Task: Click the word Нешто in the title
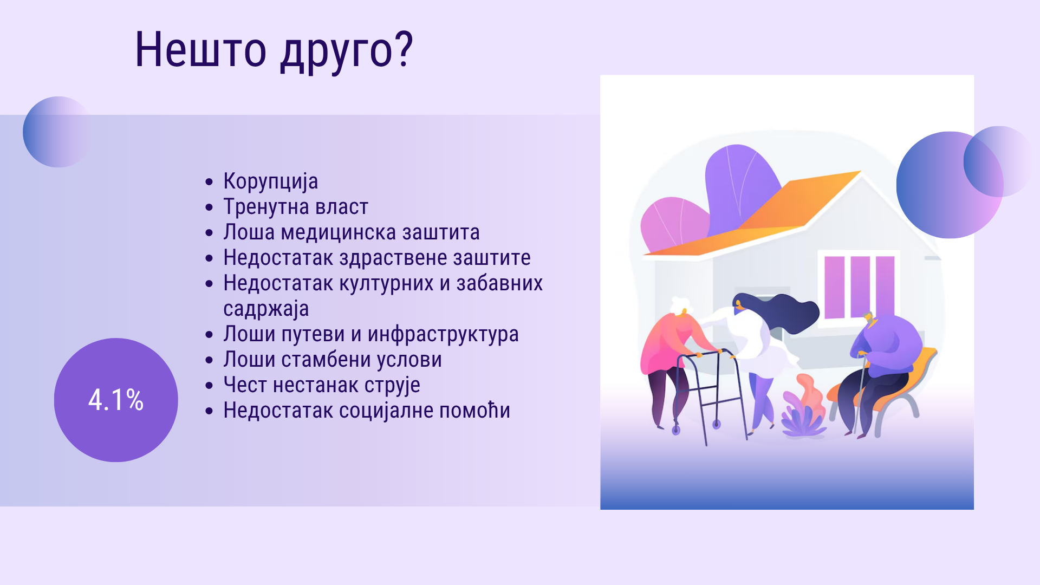pos(200,50)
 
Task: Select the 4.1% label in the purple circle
pos(116,400)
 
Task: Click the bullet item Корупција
pos(270,181)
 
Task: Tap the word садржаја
pos(266,309)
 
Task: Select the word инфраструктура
pos(443,334)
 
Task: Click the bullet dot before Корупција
pos(210,182)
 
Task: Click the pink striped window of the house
pos(859,287)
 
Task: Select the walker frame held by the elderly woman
pos(710,395)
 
